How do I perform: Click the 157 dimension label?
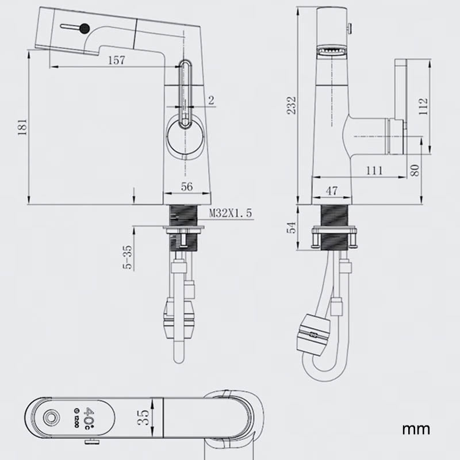point(116,60)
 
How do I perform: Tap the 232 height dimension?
point(292,105)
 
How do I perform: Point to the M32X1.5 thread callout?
point(230,213)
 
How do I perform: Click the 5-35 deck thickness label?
point(128,257)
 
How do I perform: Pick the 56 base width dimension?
point(187,186)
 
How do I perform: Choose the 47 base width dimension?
point(331,190)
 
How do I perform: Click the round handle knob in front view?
point(185,138)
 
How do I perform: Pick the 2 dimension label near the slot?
point(211,101)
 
